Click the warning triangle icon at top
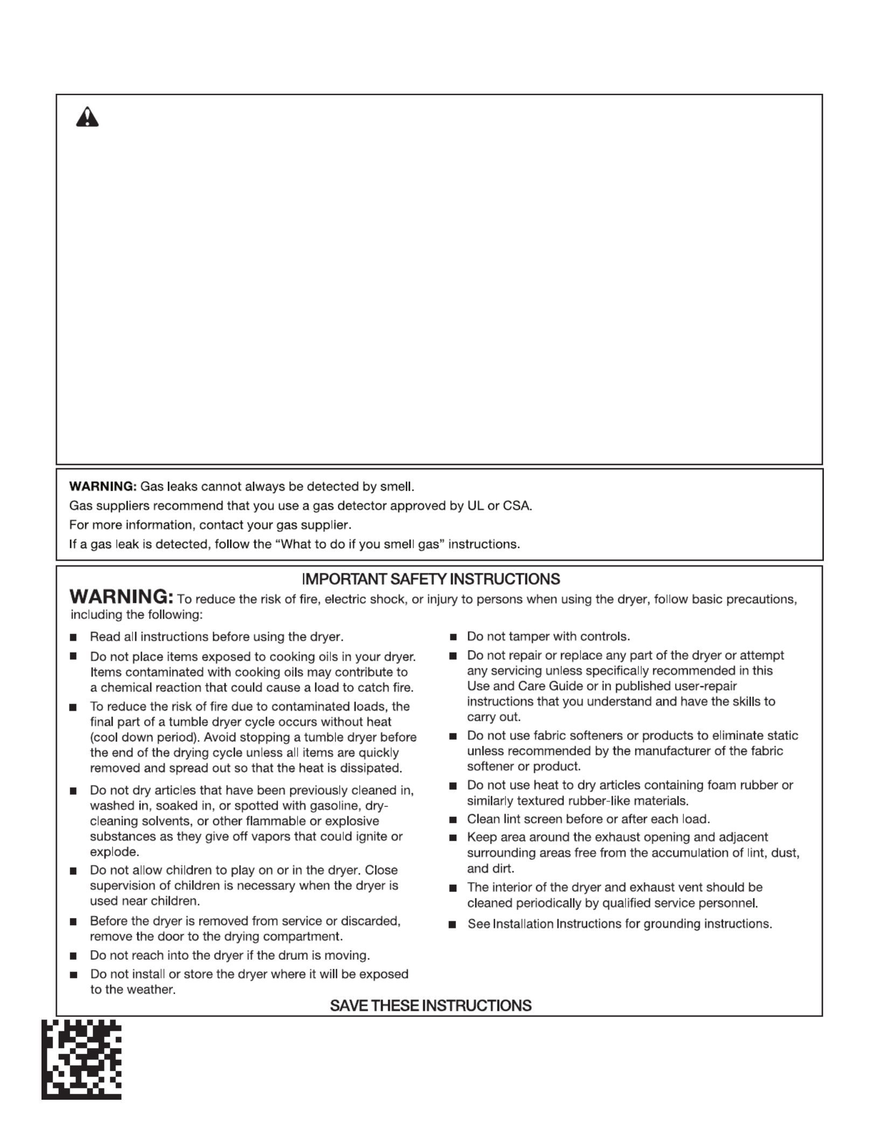point(87,117)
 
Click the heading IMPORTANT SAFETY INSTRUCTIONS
point(431,579)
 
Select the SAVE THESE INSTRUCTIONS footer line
point(431,1005)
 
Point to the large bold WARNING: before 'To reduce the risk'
point(122,597)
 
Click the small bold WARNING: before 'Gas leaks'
point(103,487)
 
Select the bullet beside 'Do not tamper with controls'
point(453,637)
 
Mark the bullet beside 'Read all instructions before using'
point(73,637)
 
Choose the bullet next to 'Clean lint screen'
point(453,820)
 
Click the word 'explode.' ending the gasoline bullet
point(114,852)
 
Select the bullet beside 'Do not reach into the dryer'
point(73,956)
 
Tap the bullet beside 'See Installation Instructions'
point(453,925)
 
